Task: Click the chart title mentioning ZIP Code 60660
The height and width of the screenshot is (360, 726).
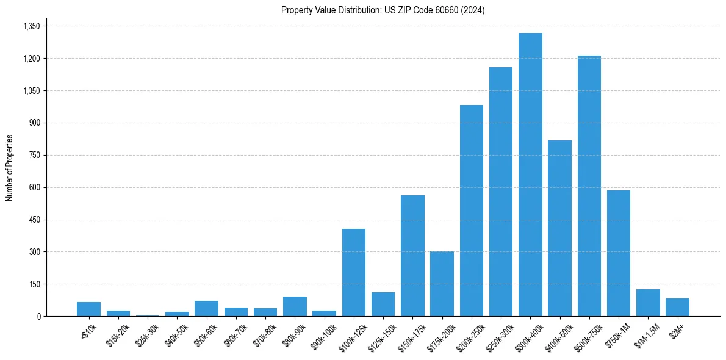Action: pyautogui.click(x=383, y=10)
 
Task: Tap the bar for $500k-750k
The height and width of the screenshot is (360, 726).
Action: pyautogui.click(x=589, y=185)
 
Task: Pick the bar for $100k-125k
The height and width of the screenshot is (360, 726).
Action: pyautogui.click(x=354, y=272)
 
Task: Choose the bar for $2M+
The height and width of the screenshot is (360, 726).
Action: pyautogui.click(x=677, y=307)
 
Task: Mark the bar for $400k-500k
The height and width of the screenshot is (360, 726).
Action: pyautogui.click(x=559, y=228)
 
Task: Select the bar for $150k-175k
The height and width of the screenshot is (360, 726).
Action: pyautogui.click(x=412, y=256)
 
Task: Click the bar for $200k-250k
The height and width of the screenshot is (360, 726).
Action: pyautogui.click(x=472, y=211)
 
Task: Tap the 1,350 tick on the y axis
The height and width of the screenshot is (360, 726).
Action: pyautogui.click(x=31, y=26)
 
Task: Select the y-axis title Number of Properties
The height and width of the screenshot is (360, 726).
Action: pyautogui.click(x=10, y=168)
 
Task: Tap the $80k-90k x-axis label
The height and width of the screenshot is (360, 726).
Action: pyautogui.click(x=293, y=333)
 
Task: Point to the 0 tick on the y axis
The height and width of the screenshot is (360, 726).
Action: pyautogui.click(x=38, y=316)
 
